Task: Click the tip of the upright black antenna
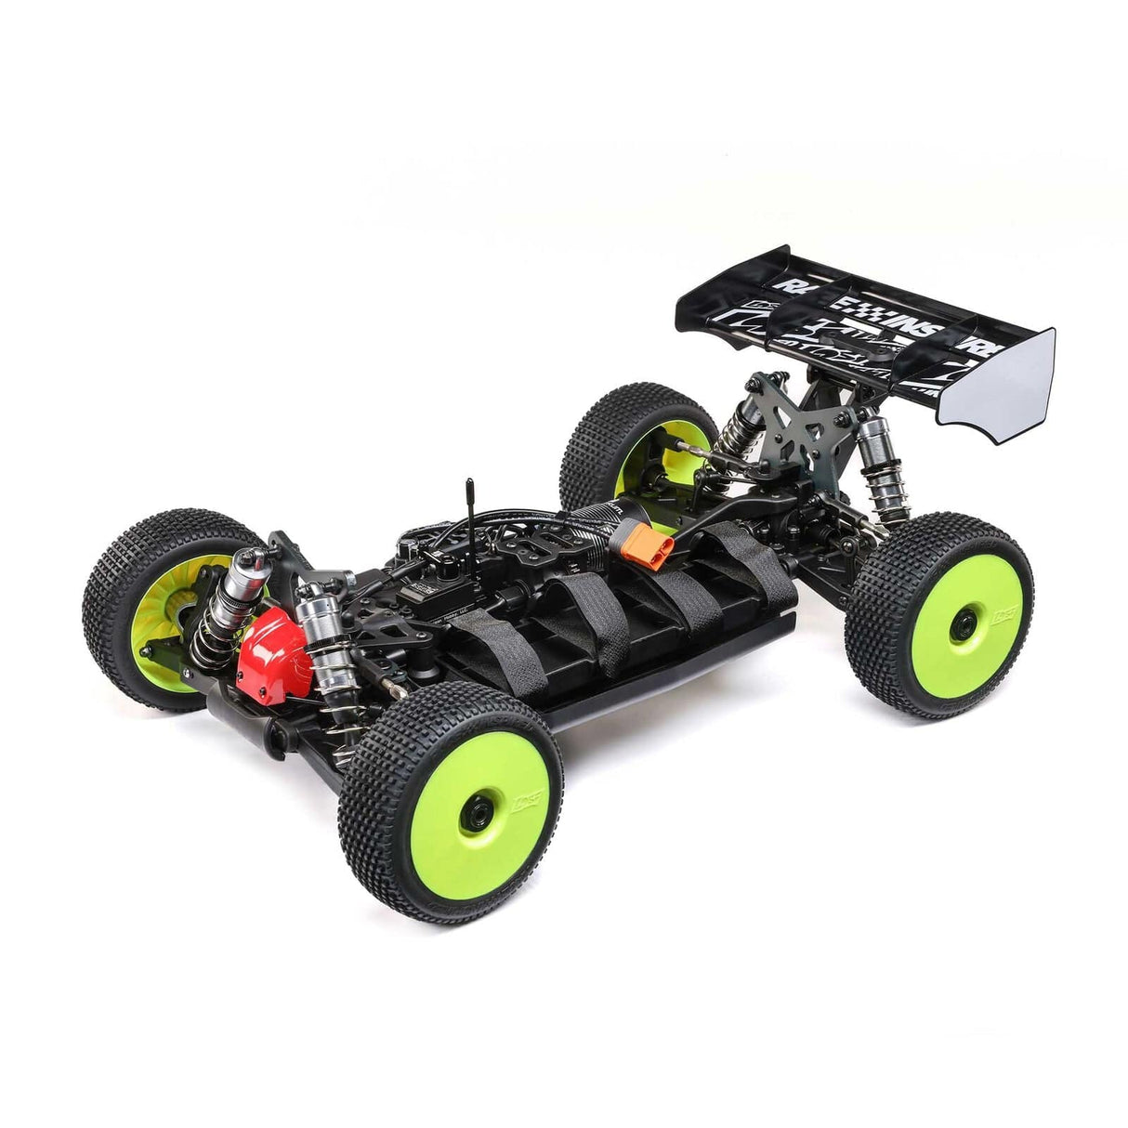[x=470, y=484]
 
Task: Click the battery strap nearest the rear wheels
[x=743, y=567]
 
